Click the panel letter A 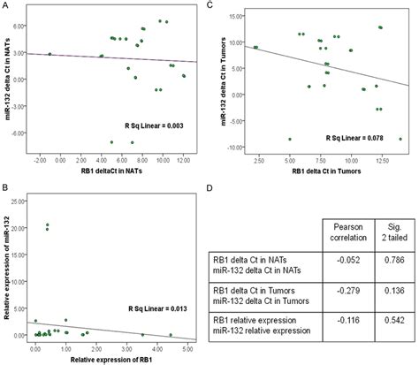pyautogui.click(x=4, y=5)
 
